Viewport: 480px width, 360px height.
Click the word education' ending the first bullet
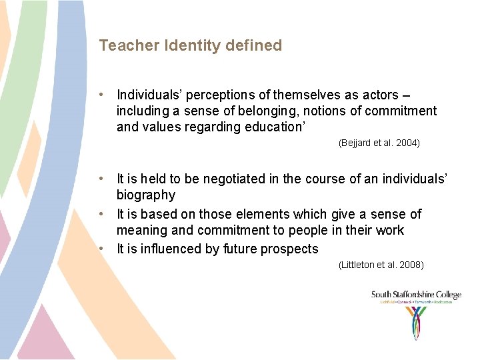(x=258, y=127)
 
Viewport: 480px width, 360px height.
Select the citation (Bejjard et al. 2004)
(x=379, y=143)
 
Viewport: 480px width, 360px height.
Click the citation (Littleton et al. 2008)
(x=381, y=265)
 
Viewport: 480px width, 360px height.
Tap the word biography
(x=146, y=195)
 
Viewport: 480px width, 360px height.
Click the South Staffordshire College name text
(x=416, y=295)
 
